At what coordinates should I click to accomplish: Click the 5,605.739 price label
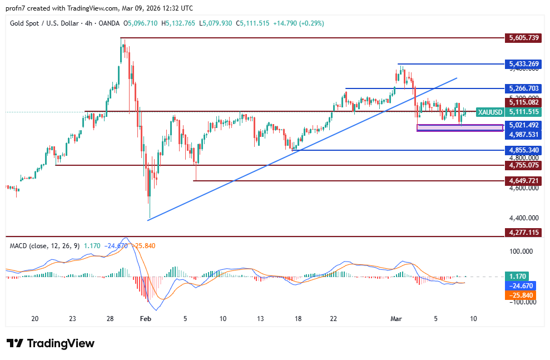point(524,38)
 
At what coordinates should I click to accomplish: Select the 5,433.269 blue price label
point(524,64)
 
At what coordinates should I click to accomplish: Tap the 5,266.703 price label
point(524,88)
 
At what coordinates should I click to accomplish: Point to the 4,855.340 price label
point(524,150)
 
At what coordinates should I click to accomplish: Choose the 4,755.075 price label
point(524,165)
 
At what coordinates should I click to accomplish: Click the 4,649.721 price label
point(524,181)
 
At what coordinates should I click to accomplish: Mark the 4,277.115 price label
point(524,232)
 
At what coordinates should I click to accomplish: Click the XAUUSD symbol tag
point(490,112)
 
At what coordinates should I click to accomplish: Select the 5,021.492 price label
point(524,125)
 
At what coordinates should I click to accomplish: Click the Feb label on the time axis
point(146,319)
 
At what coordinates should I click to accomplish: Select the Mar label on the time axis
point(396,319)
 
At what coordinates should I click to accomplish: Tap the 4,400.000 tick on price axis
point(524,218)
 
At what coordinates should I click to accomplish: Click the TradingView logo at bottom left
point(51,343)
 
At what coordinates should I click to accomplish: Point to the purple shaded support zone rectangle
point(459,128)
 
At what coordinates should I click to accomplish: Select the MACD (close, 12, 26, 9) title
point(44,245)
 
